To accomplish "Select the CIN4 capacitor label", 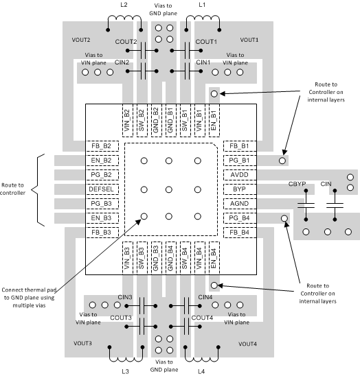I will tap(205, 297).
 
